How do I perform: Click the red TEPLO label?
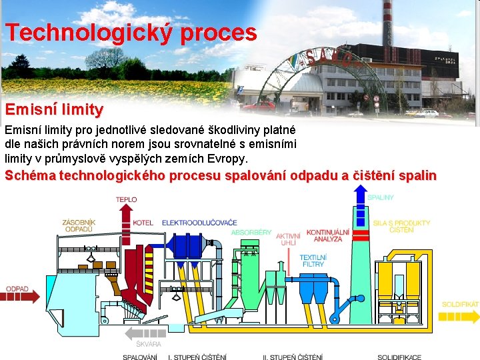pyautogui.click(x=126, y=199)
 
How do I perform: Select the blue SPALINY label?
pyautogui.click(x=381, y=197)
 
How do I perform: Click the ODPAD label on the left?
pyautogui.click(x=17, y=289)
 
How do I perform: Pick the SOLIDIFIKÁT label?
pyautogui.click(x=460, y=304)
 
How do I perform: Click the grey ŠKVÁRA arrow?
pyautogui.click(x=146, y=333)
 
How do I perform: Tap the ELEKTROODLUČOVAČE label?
pyautogui.click(x=199, y=222)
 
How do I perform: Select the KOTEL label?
pyautogui.click(x=143, y=223)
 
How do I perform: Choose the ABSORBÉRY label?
pyautogui.click(x=251, y=232)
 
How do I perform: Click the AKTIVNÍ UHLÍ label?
pyautogui.click(x=288, y=239)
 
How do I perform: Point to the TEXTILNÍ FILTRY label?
pyautogui.click(x=312, y=261)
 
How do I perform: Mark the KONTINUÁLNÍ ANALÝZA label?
pyautogui.click(x=328, y=235)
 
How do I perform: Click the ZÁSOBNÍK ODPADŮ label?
pyautogui.click(x=79, y=225)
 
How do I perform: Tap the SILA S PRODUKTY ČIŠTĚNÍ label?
pyautogui.click(x=401, y=226)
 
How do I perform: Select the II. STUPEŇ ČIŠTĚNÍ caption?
pyautogui.click(x=293, y=357)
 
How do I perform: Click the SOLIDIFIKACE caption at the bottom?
pyautogui.click(x=399, y=357)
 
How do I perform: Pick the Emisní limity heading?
pyautogui.click(x=54, y=109)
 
